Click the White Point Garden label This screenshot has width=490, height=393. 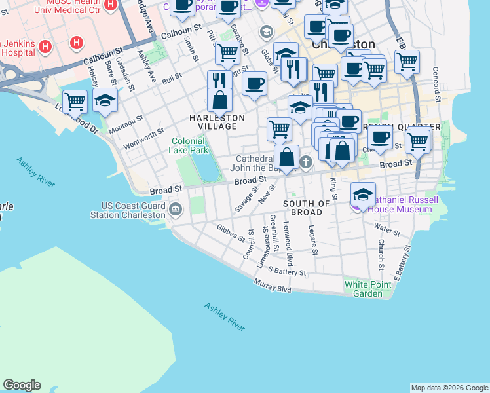click(x=367, y=289)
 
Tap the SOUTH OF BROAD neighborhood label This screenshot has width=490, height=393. click(x=306, y=208)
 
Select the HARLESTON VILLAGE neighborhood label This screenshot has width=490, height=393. click(x=217, y=118)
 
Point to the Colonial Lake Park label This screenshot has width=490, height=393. click(x=190, y=145)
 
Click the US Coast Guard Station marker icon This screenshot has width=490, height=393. click(x=176, y=210)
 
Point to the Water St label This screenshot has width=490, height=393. click(x=386, y=229)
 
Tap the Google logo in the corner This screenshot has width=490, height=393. click(x=22, y=385)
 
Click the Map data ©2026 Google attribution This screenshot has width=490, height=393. click(x=449, y=388)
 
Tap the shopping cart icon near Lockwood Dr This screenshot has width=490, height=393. click(x=75, y=102)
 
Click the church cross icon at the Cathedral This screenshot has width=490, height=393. click(x=305, y=161)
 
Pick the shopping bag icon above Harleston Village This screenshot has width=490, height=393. click(x=219, y=100)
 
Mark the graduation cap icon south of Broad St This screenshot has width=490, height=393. click(x=363, y=194)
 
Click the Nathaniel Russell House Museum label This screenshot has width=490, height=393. click(x=400, y=204)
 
